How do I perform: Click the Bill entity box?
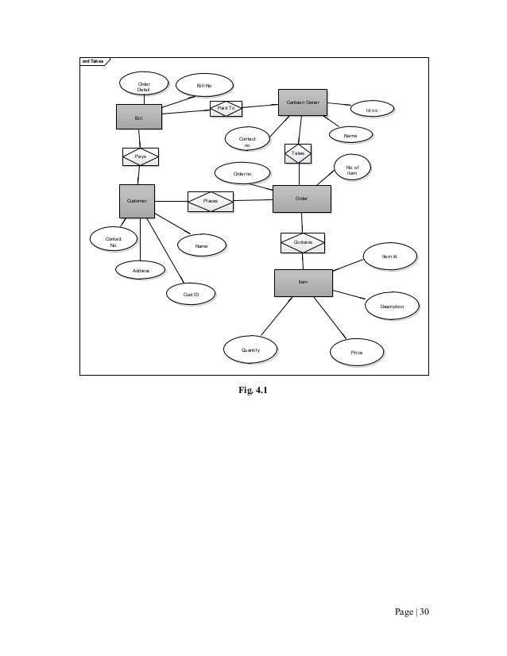coord(139,117)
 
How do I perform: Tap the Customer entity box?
coord(137,201)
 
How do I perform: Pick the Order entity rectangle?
coord(301,198)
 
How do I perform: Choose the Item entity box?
coord(303,282)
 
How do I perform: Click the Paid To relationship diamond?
coord(226,108)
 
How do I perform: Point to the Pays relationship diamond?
coord(140,156)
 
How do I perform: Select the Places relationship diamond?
coord(211,202)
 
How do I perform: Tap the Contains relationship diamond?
coord(303,241)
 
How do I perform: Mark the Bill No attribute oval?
coord(203,84)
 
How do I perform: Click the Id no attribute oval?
coord(371,110)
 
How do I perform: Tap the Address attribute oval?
coord(140,271)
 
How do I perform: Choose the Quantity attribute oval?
coord(250,349)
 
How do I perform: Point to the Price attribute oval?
coord(357,351)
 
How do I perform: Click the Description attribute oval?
coord(392,306)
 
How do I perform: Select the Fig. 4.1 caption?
coord(253,389)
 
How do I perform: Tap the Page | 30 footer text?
coord(411,612)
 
